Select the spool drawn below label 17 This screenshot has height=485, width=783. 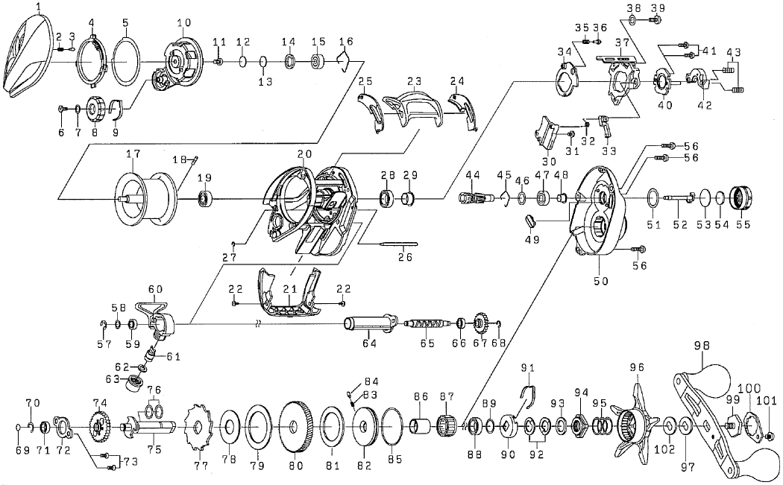[x=148, y=197]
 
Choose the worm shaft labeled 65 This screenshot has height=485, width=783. [x=428, y=324]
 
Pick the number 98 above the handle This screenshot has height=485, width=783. [x=703, y=345]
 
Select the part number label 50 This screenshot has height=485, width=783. [x=601, y=281]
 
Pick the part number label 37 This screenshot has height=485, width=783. [x=622, y=42]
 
